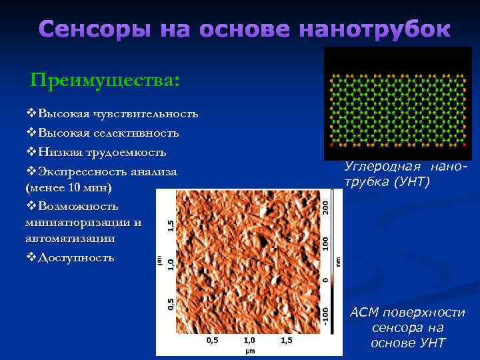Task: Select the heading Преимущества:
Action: coord(105,81)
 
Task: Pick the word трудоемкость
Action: coord(129,153)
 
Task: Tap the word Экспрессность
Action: coord(76,172)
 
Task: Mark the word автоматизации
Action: coord(68,237)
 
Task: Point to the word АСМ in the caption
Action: coord(364,313)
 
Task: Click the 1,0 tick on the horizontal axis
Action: coord(249,340)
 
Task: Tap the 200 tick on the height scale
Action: coord(326,203)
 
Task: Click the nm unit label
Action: coord(337,262)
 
